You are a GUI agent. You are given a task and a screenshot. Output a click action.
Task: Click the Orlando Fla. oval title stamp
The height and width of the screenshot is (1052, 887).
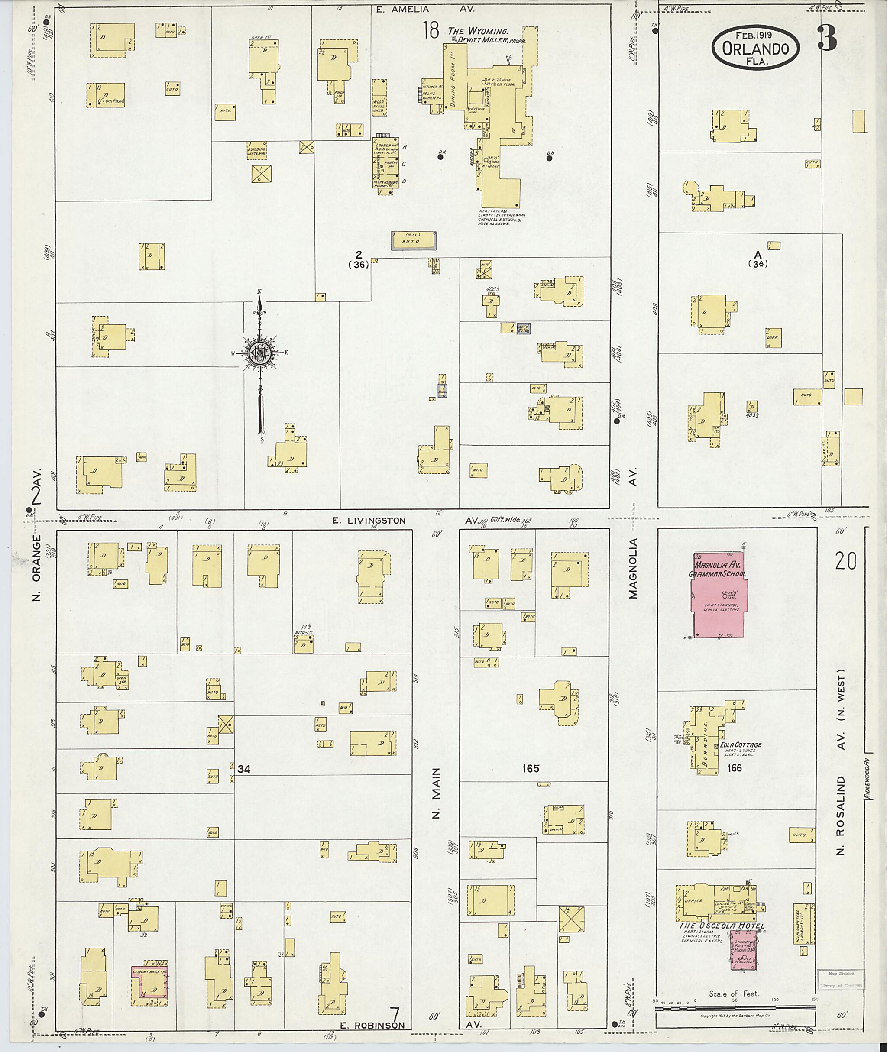point(755,47)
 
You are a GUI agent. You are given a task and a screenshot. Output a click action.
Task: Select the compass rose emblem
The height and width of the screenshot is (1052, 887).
point(260,353)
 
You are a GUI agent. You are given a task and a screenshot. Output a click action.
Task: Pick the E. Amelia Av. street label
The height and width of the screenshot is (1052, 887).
point(425,9)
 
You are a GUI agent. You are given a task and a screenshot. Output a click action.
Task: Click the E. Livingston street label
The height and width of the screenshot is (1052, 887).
point(369,521)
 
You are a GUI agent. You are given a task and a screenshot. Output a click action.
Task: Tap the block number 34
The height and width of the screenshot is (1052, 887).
point(244,769)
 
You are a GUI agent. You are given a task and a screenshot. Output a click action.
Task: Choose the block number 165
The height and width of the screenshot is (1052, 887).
point(531,768)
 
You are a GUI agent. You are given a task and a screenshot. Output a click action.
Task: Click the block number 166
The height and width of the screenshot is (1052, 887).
point(735,768)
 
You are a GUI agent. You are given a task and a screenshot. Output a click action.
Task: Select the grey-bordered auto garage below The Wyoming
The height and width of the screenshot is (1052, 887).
point(413,241)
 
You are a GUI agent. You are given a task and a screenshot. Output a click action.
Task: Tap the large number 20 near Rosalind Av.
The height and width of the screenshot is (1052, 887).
point(845,561)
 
